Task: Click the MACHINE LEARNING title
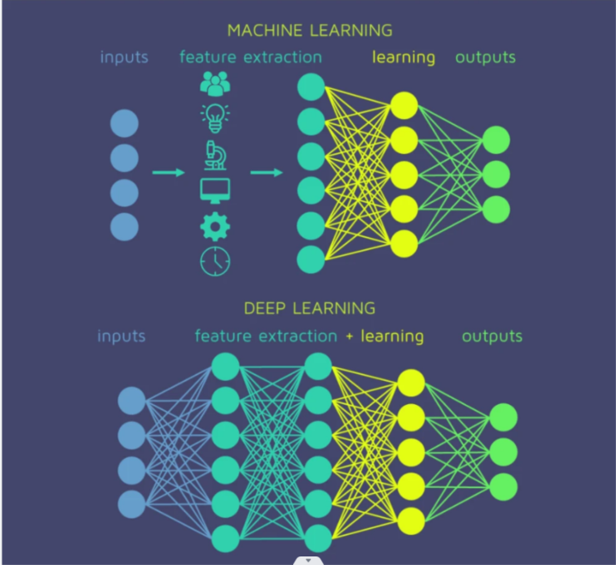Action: (309, 30)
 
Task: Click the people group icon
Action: (215, 83)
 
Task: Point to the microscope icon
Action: (215, 154)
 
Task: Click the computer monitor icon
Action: (215, 190)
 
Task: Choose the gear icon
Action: (215, 226)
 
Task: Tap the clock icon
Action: (215, 261)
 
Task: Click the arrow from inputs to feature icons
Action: (169, 173)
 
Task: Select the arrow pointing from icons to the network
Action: (267, 173)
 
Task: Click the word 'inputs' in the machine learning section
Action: (124, 58)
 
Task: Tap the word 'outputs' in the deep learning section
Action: (492, 336)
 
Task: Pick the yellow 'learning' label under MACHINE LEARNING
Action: (404, 58)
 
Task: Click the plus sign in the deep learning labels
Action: (350, 336)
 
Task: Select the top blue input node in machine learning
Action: (124, 123)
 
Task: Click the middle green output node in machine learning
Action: (496, 175)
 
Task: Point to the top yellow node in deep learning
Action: (411, 383)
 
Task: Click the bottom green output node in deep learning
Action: (504, 485)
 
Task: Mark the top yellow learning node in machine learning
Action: (404, 105)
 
